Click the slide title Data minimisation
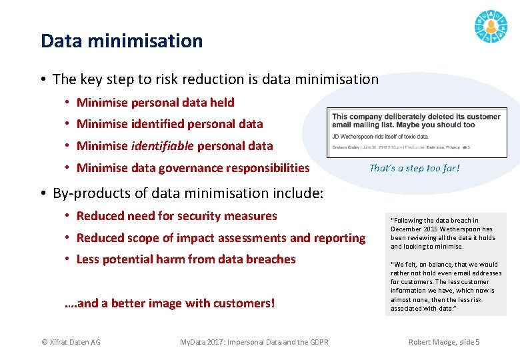(121, 41)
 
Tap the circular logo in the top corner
(491, 27)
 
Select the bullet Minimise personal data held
(155, 103)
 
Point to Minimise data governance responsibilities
(193, 168)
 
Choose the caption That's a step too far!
(414, 168)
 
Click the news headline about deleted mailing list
(416, 121)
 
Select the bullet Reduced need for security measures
(177, 216)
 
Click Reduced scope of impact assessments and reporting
(221, 238)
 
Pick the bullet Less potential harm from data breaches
(186, 259)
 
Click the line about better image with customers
(169, 303)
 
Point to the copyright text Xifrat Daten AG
(71, 342)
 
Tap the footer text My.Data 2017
(201, 342)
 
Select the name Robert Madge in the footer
(431, 342)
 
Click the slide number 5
(477, 342)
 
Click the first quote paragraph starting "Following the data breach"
(443, 233)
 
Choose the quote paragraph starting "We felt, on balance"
(445, 286)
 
